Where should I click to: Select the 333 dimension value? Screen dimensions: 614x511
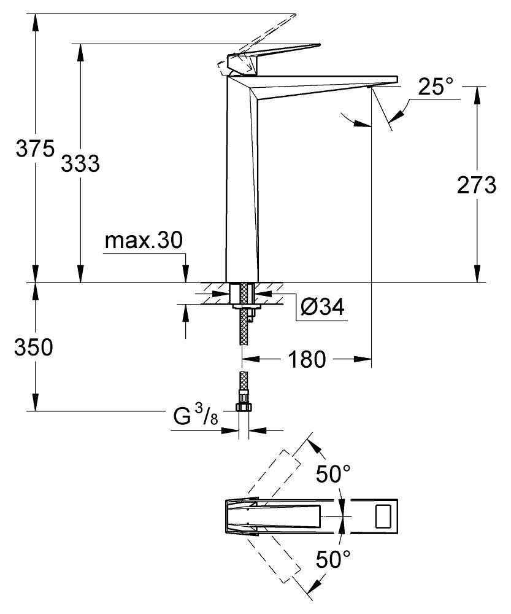(79, 163)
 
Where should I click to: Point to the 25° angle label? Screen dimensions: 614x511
(439, 87)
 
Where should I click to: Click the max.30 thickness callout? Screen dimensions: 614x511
(143, 241)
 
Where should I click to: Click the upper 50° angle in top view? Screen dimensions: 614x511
(334, 475)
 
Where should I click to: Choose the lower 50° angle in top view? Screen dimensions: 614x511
(334, 559)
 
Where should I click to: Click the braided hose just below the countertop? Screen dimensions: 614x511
(245, 332)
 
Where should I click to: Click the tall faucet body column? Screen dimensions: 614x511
(242, 184)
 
